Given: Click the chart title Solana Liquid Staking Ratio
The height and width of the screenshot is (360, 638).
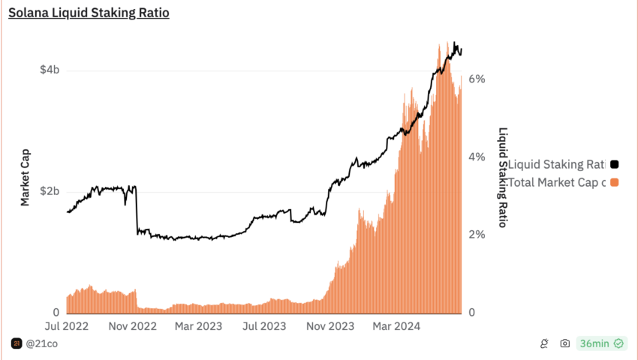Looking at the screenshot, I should [x=89, y=13].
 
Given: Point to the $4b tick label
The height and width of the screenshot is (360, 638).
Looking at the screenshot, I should [x=50, y=70].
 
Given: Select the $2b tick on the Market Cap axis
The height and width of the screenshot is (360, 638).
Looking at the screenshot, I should [x=50, y=191].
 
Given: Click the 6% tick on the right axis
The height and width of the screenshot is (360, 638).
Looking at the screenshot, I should [x=477, y=79].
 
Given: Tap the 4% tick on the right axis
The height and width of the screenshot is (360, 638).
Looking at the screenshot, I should [x=477, y=157].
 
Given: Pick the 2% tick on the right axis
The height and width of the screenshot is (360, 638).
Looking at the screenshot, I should [x=477, y=235].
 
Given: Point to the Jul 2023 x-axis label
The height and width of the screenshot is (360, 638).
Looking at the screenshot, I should [x=265, y=326].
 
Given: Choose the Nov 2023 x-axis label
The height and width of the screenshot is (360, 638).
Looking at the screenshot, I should [x=331, y=326].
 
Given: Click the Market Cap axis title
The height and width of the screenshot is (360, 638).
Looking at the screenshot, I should [x=25, y=176].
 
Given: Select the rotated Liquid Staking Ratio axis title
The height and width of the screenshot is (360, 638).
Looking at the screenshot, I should [x=504, y=177].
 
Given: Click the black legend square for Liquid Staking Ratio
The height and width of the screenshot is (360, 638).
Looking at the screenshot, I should [x=614, y=164].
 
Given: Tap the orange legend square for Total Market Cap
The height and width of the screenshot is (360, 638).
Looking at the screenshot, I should [x=614, y=182].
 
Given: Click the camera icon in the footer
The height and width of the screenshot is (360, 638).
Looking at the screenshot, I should [x=564, y=343].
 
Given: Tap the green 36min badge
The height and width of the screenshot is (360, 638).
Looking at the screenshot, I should [x=600, y=343].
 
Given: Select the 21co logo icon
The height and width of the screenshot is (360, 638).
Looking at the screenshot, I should [x=17, y=343].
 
